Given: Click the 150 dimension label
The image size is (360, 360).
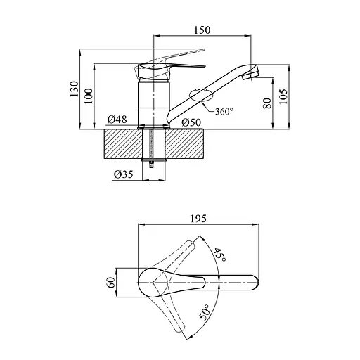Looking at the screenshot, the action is [202, 30].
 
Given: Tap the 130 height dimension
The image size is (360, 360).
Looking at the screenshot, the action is [74, 89].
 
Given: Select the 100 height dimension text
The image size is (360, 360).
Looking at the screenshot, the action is [89, 96].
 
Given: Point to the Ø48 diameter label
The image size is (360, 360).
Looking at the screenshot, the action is [117, 120].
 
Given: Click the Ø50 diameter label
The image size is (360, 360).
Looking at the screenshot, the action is [191, 122].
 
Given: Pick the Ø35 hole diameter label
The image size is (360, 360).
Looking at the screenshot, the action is [124, 174].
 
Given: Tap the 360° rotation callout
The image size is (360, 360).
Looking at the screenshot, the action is [224, 111].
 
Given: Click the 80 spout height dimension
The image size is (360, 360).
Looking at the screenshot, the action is [267, 103].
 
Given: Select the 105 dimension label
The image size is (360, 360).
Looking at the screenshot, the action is [283, 96].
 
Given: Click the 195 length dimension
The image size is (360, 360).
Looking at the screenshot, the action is [198, 219].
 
